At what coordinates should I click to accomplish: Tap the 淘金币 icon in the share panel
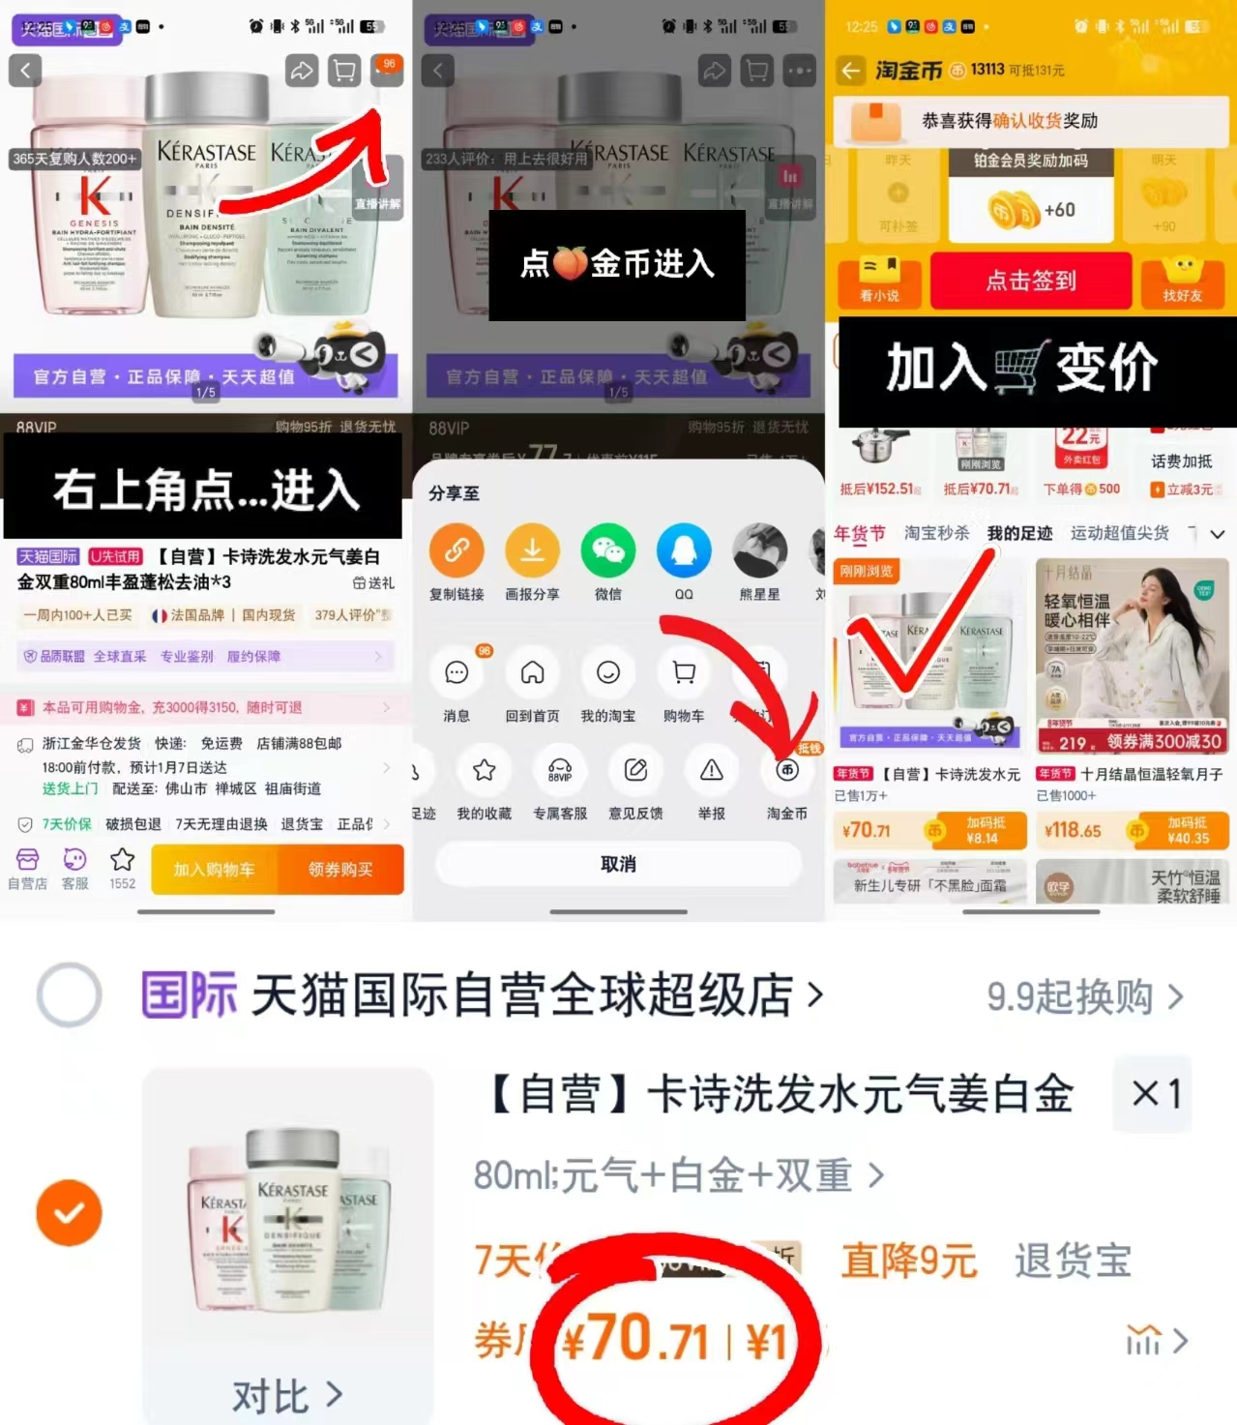(787, 771)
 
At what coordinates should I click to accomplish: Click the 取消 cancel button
(618, 864)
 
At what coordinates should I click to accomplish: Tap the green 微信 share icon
(607, 550)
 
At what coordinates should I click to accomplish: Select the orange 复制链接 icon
(457, 550)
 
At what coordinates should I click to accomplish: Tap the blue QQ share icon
(684, 550)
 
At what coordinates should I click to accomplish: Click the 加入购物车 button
(215, 870)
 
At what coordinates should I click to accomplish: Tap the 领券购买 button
(340, 870)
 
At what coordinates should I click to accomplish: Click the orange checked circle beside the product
(69, 1212)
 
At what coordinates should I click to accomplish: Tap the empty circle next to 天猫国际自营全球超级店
(69, 995)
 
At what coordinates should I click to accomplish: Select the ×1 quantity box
(1156, 1094)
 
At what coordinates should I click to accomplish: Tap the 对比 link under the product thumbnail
(286, 1396)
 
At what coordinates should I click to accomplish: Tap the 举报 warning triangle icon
(712, 771)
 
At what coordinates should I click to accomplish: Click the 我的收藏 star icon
(484, 771)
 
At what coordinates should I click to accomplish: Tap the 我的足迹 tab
(1019, 533)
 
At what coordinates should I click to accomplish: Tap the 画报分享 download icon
(532, 550)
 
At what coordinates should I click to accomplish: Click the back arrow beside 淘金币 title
(850, 71)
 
